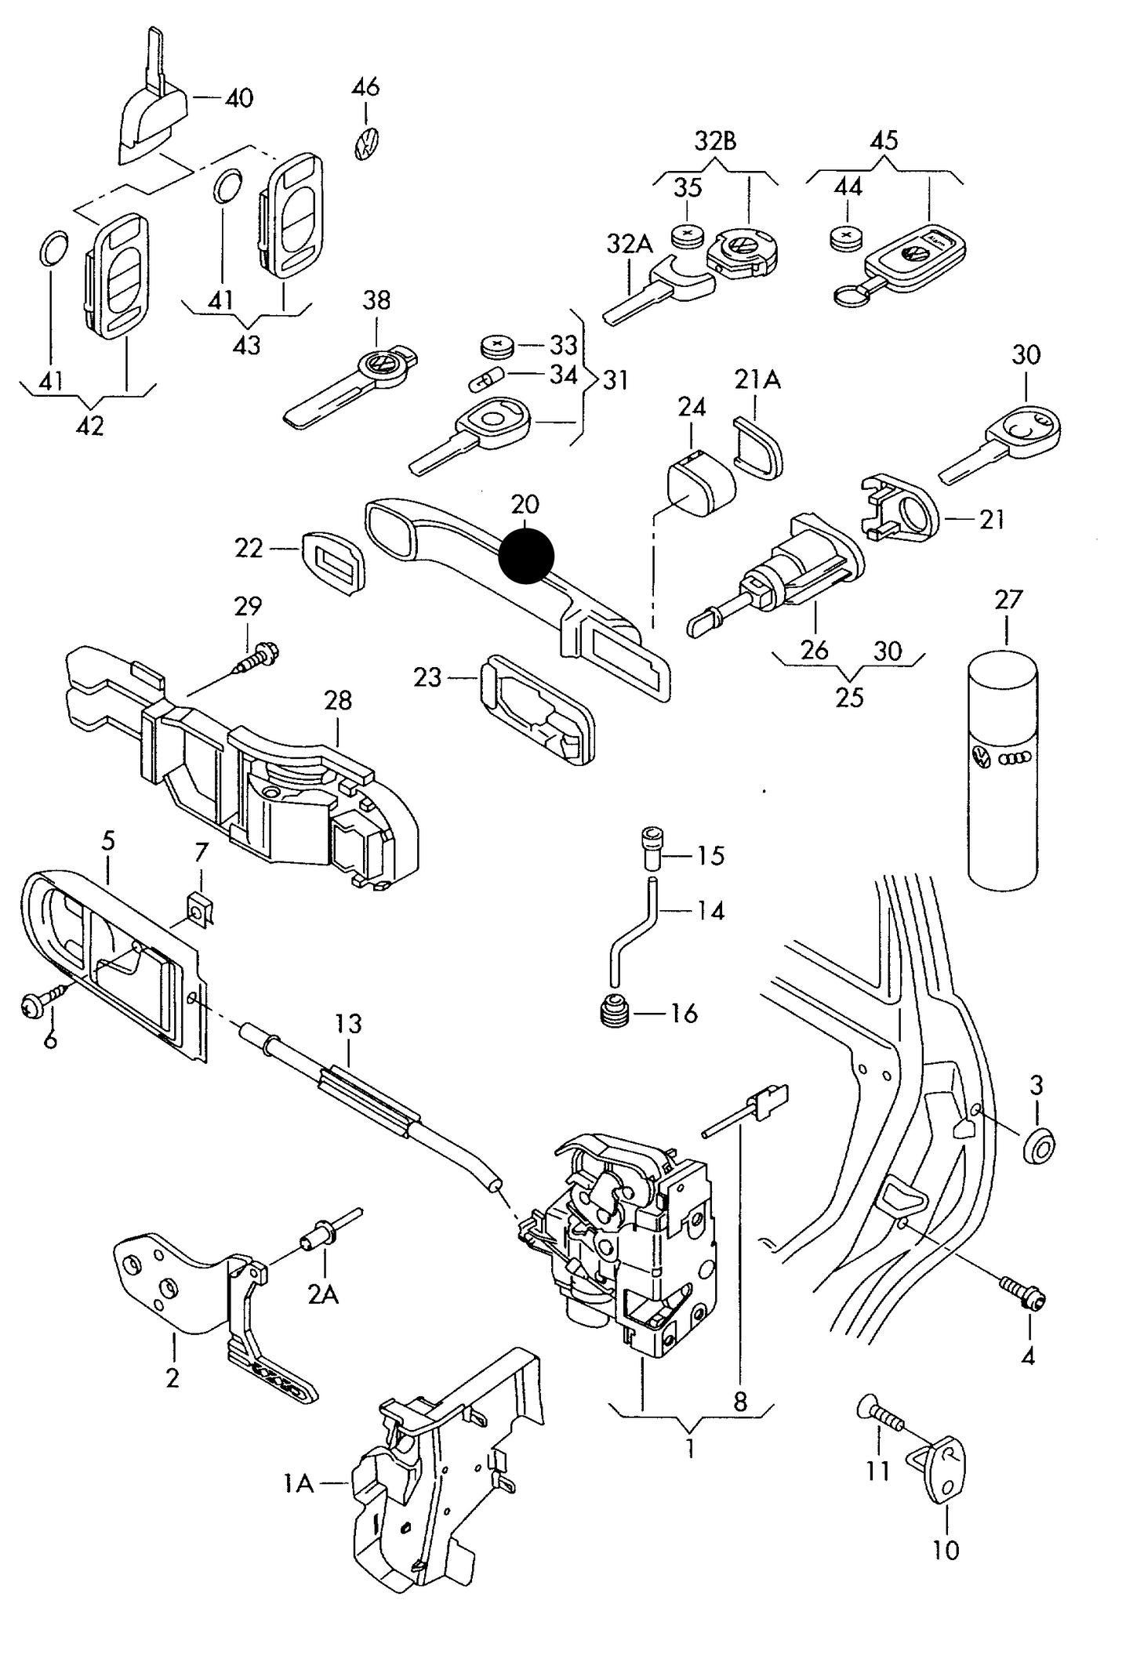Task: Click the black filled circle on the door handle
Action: point(526,556)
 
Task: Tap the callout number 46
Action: point(366,86)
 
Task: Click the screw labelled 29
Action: point(257,658)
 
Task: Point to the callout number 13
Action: point(349,1023)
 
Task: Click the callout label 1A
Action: point(298,1483)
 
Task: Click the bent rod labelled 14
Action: point(632,934)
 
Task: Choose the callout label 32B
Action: point(715,142)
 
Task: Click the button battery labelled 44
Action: point(845,237)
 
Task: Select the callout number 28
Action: point(338,700)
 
